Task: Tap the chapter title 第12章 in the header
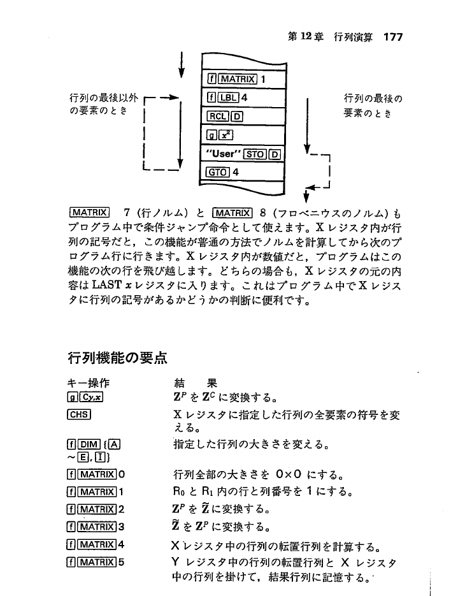click(x=303, y=37)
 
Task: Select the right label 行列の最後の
click(x=375, y=98)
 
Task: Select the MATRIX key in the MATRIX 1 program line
click(x=236, y=79)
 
